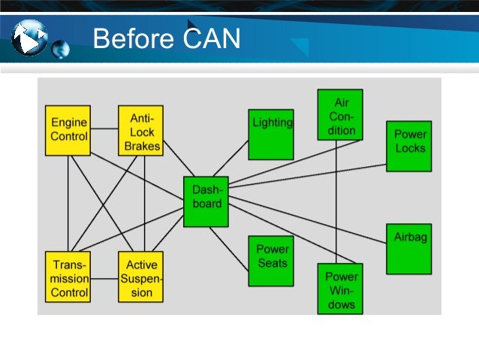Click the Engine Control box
click(x=68, y=130)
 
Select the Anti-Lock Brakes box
click(x=141, y=130)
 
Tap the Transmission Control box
click(x=68, y=277)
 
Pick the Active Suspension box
click(x=141, y=277)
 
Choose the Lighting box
click(x=271, y=134)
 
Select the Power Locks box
click(x=409, y=146)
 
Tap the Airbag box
click(x=409, y=248)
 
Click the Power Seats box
click(x=271, y=261)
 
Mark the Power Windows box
click(x=339, y=288)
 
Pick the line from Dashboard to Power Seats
click(x=229, y=248)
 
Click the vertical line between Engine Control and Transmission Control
click(x=68, y=203)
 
